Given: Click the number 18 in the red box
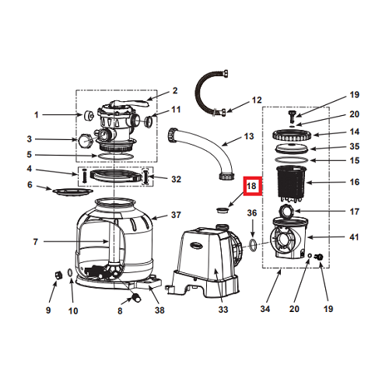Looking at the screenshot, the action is coord(251,186).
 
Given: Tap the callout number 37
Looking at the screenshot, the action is coord(176,215).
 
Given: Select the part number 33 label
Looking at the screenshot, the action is coord(223,309).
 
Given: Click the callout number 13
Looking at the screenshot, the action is coord(249,136).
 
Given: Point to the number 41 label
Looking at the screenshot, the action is coord(354,237).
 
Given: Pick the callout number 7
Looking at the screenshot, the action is coord(36,242).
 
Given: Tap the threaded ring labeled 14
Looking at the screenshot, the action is coord(292,135).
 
